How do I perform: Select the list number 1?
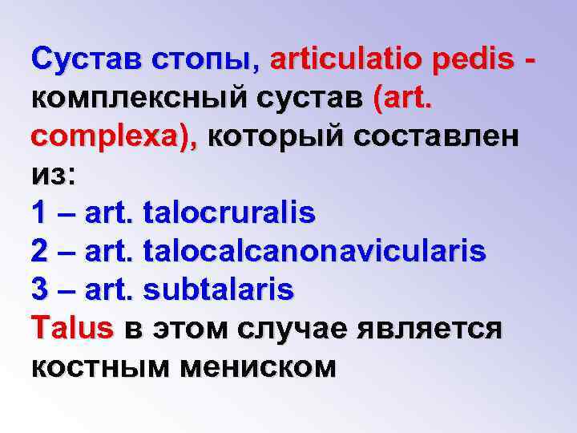(40, 213)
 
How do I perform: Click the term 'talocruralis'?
(228, 213)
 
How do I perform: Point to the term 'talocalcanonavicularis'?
(313, 252)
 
